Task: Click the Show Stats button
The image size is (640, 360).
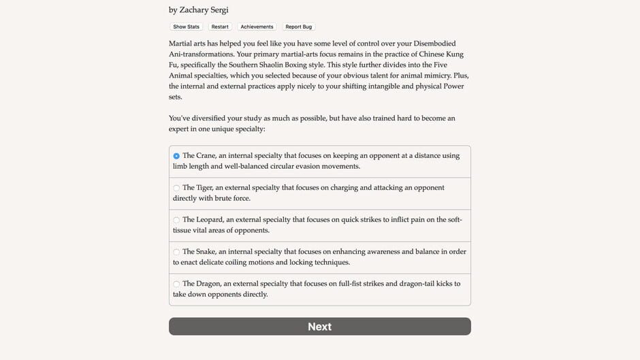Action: coord(186,27)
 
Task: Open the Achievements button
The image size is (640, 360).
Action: coord(257,27)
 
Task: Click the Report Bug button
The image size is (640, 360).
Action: coord(298,27)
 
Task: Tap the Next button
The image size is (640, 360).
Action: coord(319,327)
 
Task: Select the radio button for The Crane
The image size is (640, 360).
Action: coord(176,156)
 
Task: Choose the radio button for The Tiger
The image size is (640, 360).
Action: coord(176,188)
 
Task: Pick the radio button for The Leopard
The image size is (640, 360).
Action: coord(176,220)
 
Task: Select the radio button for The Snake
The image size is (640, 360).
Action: coord(176,252)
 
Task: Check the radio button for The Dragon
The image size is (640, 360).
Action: coord(176,284)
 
